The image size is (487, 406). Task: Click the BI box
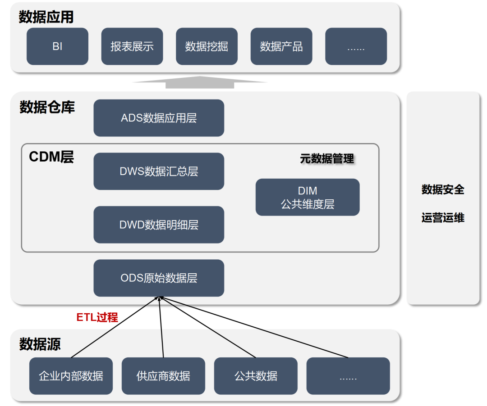click(57, 46)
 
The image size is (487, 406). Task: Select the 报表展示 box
click(132, 46)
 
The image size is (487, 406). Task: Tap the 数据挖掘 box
click(207, 46)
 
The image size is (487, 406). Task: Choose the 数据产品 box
click(281, 46)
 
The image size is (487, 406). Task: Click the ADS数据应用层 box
click(159, 118)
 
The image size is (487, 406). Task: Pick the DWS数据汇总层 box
click(159, 171)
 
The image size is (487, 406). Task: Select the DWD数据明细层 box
click(159, 225)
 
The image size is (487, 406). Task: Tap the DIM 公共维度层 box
click(308, 197)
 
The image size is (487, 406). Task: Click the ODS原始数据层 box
click(159, 278)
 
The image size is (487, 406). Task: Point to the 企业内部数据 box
click(71, 376)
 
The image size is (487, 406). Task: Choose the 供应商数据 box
click(163, 376)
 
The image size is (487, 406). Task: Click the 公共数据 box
click(256, 376)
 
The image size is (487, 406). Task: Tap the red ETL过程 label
click(97, 317)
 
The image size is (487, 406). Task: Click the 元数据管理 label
click(327, 158)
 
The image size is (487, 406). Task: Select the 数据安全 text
click(443, 189)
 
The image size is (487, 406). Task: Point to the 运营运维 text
click(443, 218)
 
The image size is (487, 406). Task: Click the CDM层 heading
click(51, 157)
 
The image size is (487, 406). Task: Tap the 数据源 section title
click(40, 344)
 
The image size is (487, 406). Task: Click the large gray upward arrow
click(200, 82)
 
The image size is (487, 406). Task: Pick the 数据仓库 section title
click(47, 107)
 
